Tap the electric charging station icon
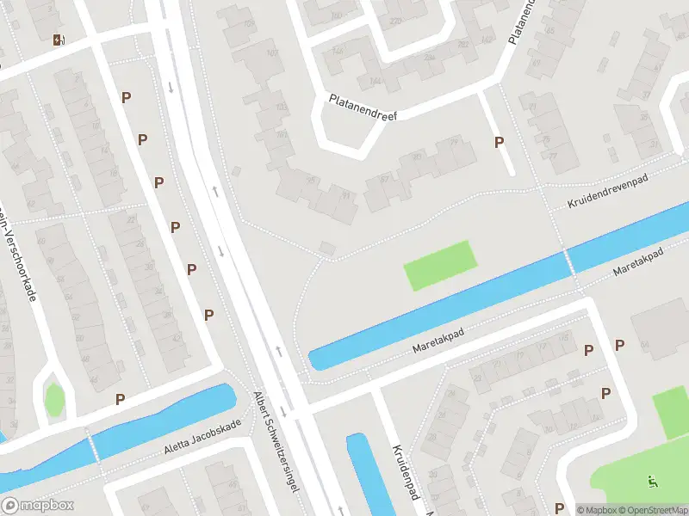(59, 40)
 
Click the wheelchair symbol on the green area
(652, 482)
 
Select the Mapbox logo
(36, 506)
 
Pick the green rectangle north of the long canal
(439, 265)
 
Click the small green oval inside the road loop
(54, 399)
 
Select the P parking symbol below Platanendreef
(499, 143)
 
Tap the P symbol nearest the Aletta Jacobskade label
(121, 398)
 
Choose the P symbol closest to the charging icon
(126, 98)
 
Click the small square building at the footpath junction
(327, 249)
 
